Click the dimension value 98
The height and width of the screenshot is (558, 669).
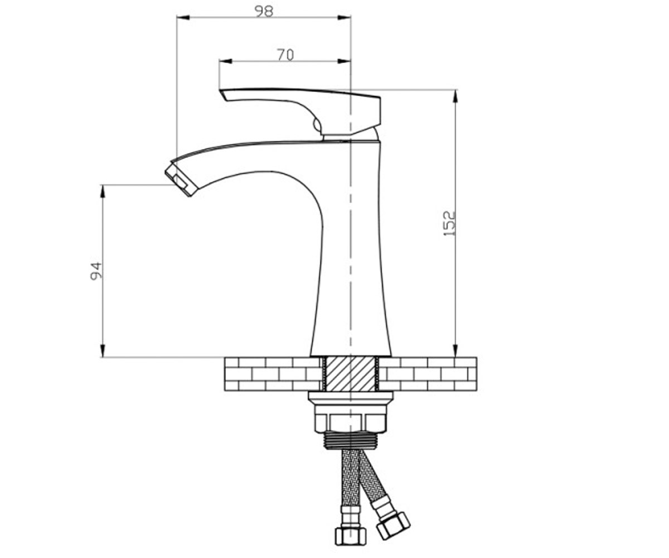(x=264, y=11)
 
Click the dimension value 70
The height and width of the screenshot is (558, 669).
(x=285, y=55)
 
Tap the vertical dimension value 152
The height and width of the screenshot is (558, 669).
(x=449, y=223)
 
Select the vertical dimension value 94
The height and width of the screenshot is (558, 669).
(x=96, y=271)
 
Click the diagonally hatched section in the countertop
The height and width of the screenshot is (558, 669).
(x=350, y=374)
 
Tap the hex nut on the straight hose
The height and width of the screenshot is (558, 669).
(x=351, y=536)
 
